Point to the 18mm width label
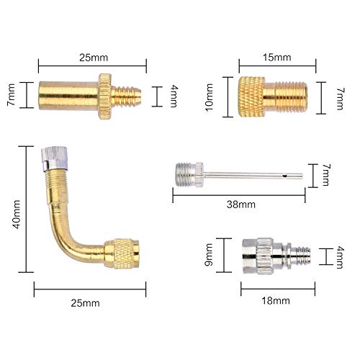pyautogui.click(x=278, y=297)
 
